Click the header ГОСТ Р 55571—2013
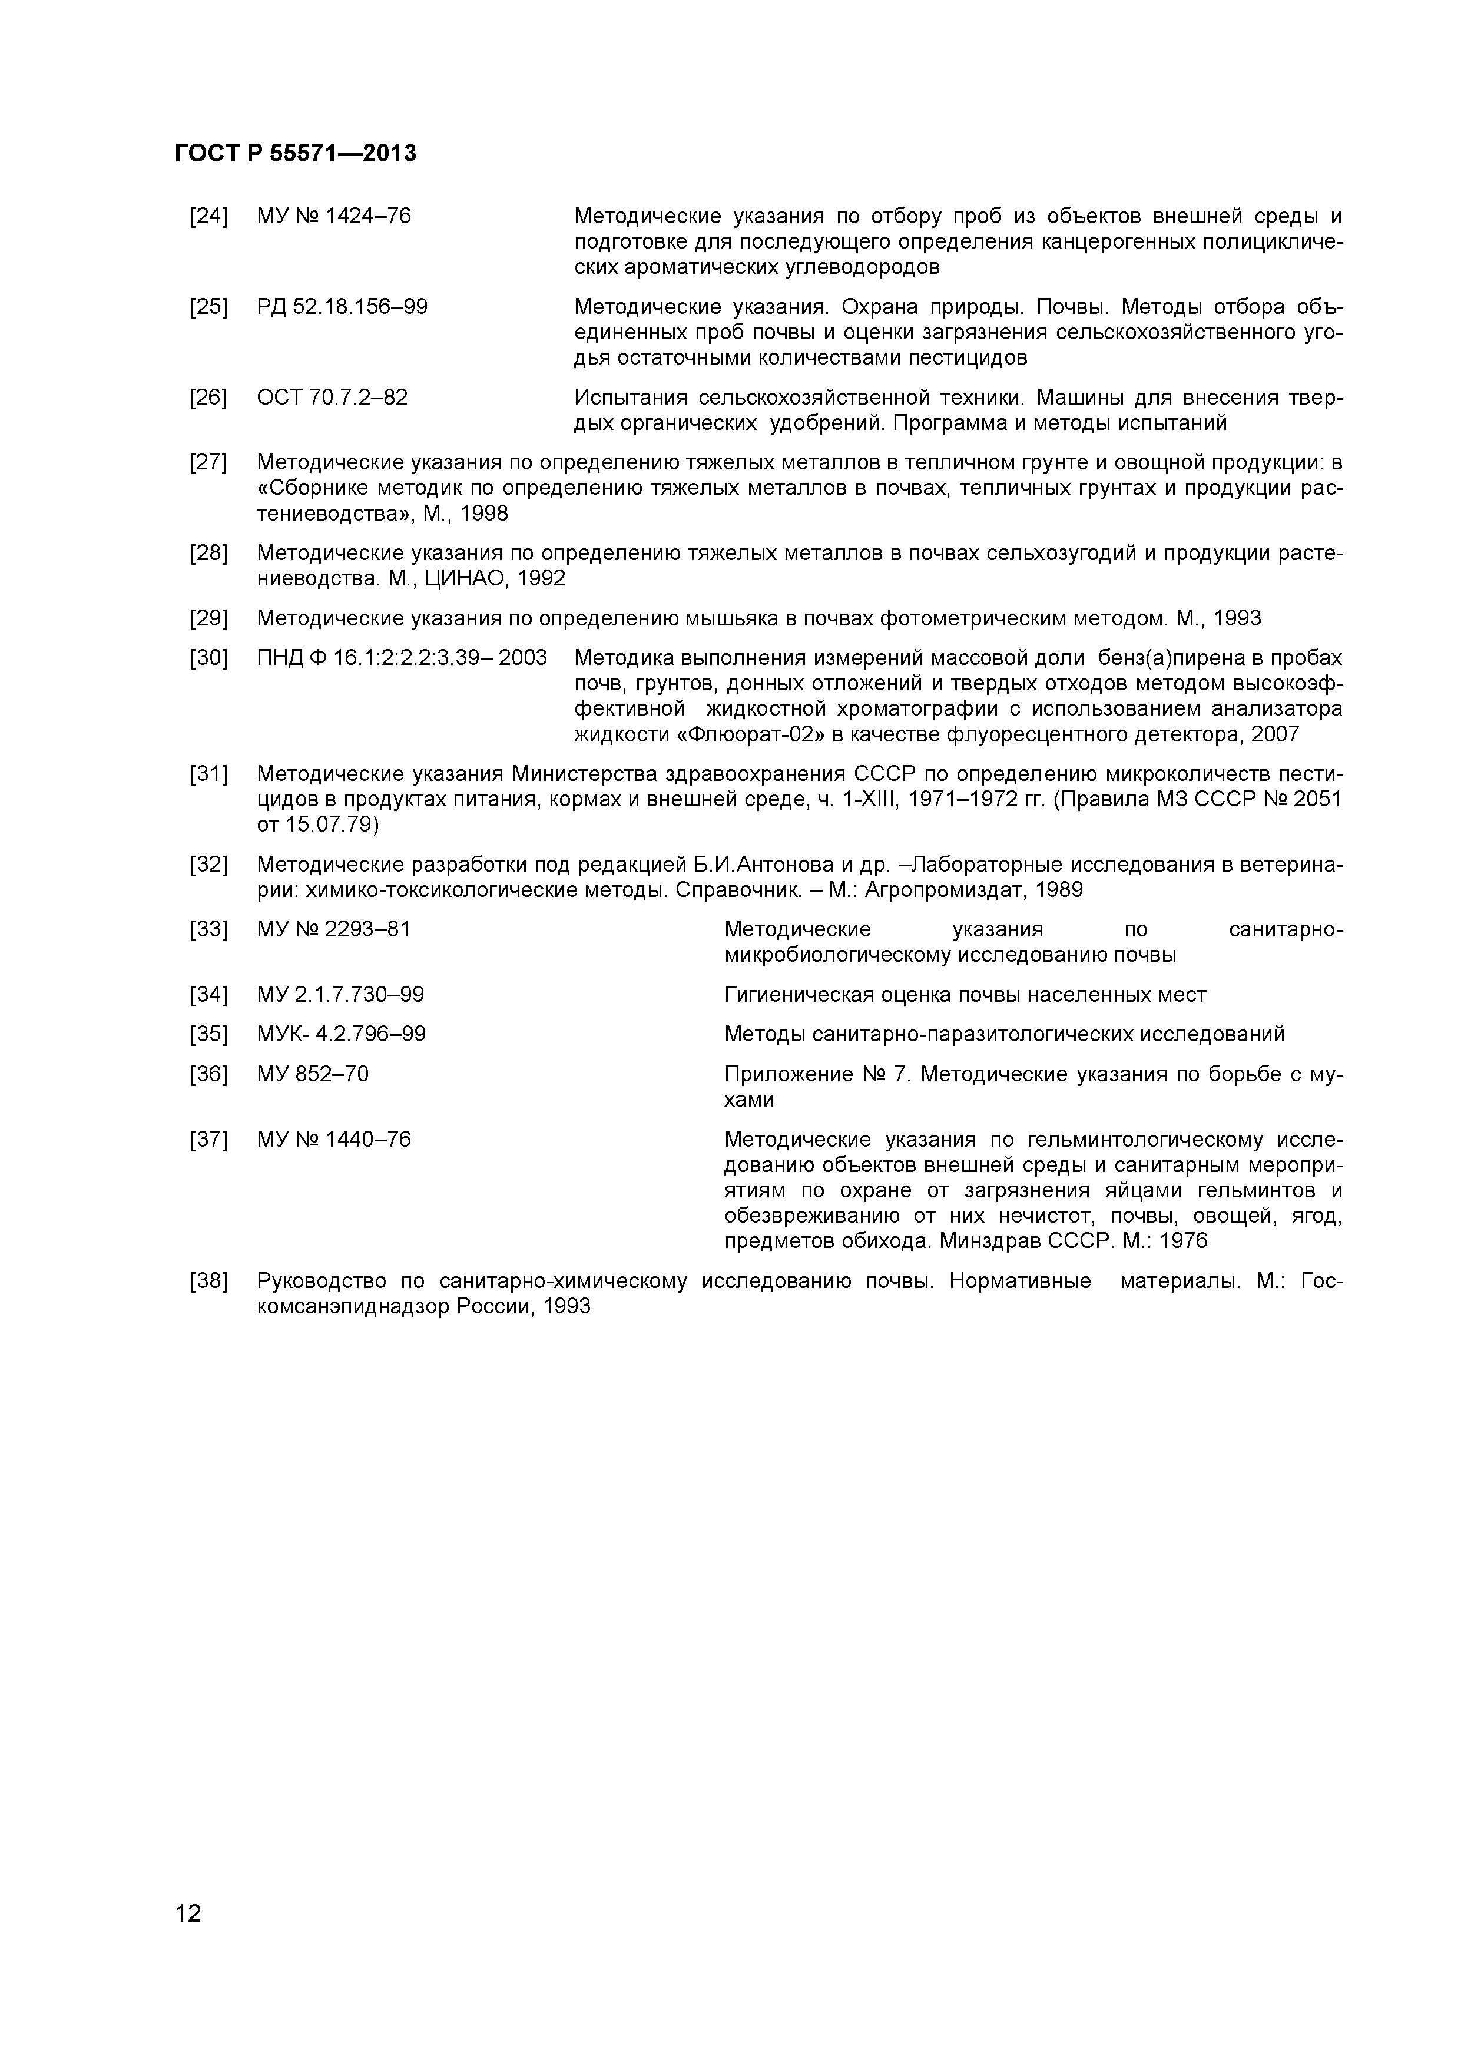click(295, 154)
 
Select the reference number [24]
click(208, 217)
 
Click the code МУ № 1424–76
click(334, 217)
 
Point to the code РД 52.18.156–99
click(342, 308)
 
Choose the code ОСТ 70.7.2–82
click(332, 398)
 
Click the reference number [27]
click(208, 463)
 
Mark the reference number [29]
click(208, 619)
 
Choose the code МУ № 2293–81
click(334, 929)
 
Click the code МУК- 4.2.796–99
click(341, 1035)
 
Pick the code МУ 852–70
click(312, 1074)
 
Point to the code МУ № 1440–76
click(334, 1140)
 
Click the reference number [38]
click(208, 1282)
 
